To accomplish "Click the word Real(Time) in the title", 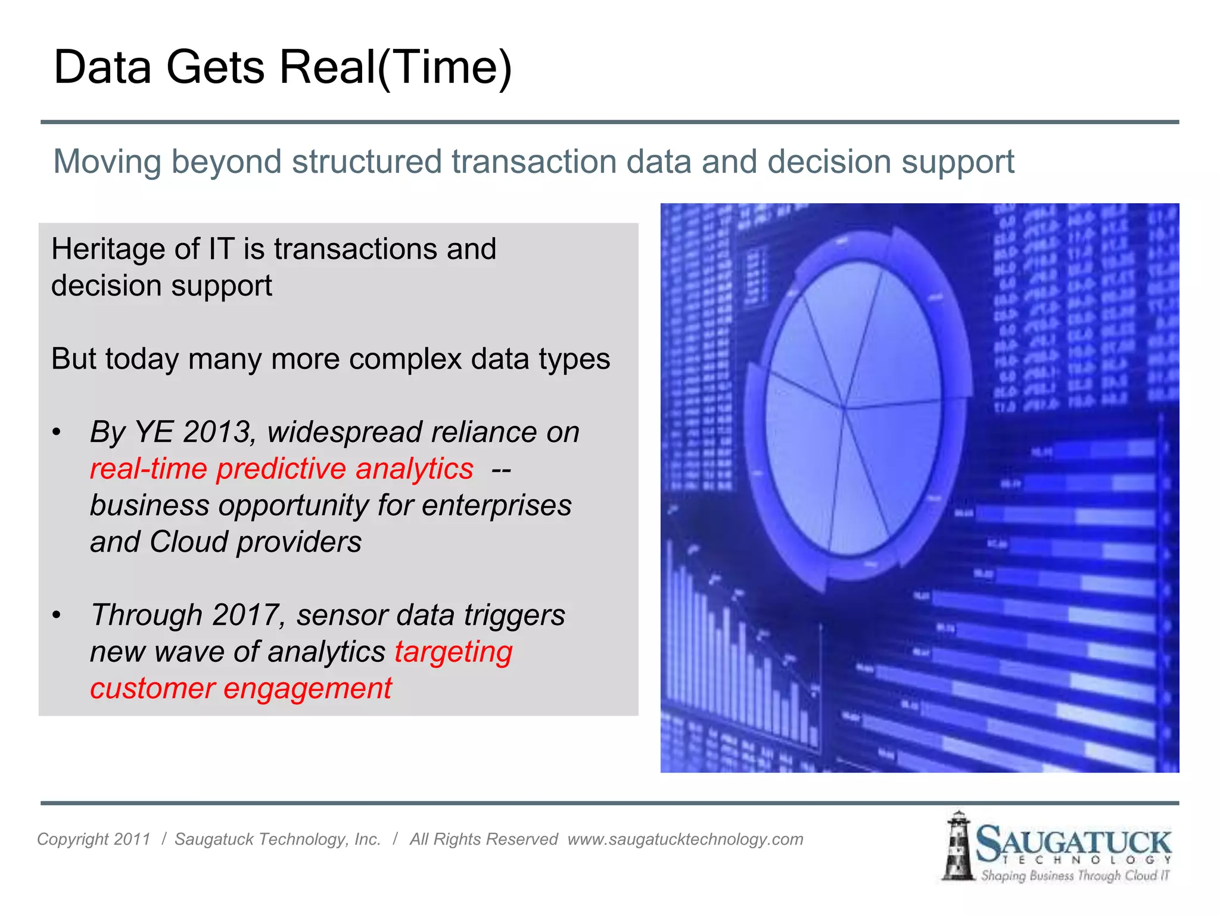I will point(396,67).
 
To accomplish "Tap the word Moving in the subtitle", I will point(107,162).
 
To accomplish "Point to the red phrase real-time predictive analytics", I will point(281,469).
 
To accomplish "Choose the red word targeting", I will point(453,652).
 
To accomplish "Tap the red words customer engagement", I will point(241,689).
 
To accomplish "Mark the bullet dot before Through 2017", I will point(56,615).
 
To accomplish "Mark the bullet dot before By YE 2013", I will point(56,432).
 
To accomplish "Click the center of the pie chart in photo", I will point(845,408).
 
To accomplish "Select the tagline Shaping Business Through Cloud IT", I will point(1075,876).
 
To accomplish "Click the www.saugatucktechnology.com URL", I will point(685,839).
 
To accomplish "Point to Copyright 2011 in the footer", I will point(94,839).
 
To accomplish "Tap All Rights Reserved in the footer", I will point(483,839).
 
